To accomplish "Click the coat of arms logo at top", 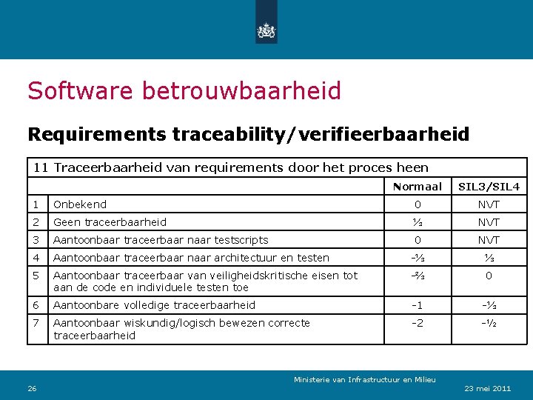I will point(266,30).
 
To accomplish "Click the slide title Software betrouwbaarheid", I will point(184,91).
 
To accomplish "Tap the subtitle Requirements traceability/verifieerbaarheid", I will point(248,134).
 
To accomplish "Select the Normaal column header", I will point(418,187).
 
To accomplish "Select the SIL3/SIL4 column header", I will point(489,187).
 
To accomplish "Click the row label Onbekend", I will point(80,204).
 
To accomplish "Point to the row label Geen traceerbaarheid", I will point(110,222).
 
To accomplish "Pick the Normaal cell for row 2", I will point(418,222).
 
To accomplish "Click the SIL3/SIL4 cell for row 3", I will point(489,240).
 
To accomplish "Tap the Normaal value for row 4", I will point(418,258).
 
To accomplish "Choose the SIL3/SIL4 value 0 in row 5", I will point(489,276).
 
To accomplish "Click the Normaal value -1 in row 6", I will point(418,305).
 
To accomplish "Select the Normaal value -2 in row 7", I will point(418,323).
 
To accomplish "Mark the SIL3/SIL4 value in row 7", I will point(489,323).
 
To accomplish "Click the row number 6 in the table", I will point(36,305).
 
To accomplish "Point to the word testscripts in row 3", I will point(240,240).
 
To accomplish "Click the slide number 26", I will point(32,388).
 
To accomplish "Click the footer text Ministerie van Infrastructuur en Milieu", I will point(365,379).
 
